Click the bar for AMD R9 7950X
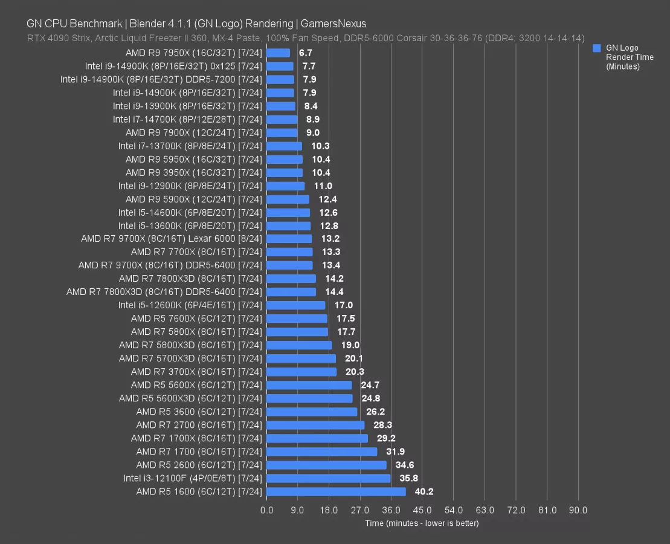278,53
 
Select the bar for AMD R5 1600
336,492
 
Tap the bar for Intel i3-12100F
328,479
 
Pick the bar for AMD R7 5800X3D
299,346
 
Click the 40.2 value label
424,492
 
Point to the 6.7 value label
306,53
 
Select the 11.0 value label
323,186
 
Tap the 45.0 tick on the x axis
422,511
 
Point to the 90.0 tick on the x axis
578,511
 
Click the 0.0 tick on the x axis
266,511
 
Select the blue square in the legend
597,48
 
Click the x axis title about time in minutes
422,523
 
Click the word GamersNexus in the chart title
333,24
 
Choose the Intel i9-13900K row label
187,106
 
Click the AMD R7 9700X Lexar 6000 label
172,239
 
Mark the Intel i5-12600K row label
190,306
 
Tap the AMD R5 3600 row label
199,412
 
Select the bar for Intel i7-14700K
282,120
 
